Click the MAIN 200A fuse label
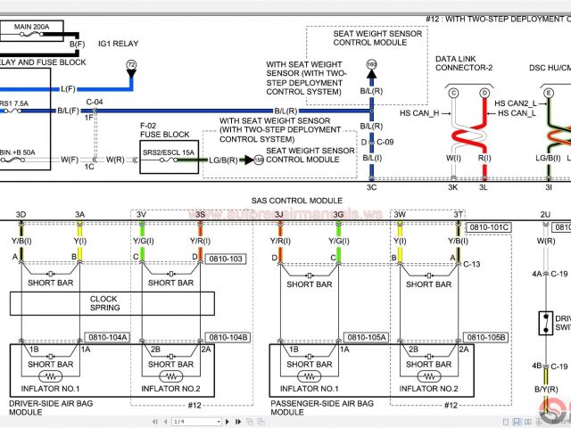[31, 28]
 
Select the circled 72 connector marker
[131, 65]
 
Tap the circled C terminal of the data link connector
[453, 93]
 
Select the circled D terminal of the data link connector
[484, 93]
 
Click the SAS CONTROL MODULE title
[296, 202]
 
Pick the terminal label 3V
[141, 215]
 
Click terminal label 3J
[278, 215]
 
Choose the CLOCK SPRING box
[104, 304]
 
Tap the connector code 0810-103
[225, 259]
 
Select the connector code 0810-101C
[489, 227]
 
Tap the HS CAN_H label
[419, 113]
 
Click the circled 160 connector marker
[371, 65]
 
